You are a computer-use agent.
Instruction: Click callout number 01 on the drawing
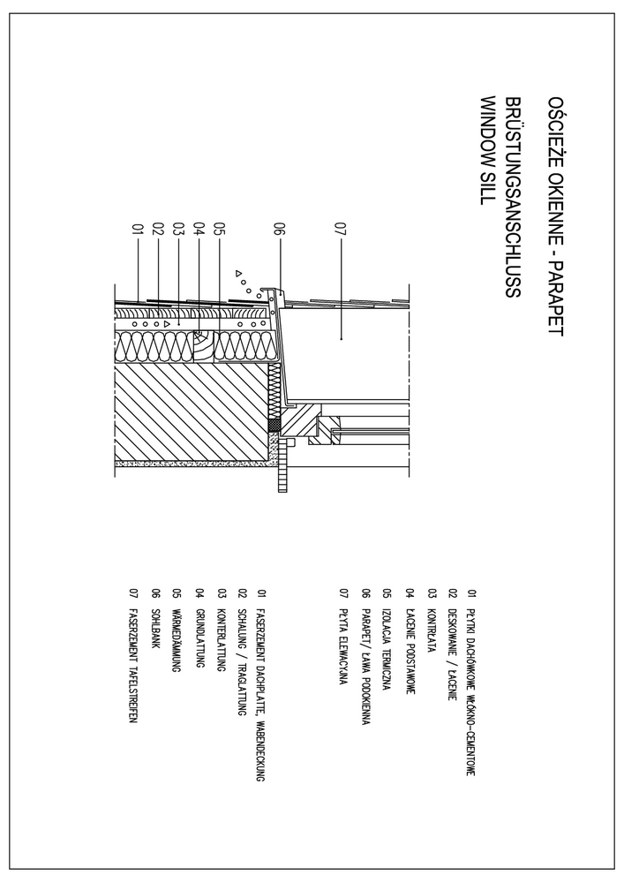138,232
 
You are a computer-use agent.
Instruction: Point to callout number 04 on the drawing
199,232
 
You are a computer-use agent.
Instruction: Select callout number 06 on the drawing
280,232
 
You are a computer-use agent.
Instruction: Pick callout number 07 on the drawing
342,232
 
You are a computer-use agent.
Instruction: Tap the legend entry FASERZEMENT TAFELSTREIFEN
132,657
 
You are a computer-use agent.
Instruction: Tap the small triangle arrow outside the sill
238,274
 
